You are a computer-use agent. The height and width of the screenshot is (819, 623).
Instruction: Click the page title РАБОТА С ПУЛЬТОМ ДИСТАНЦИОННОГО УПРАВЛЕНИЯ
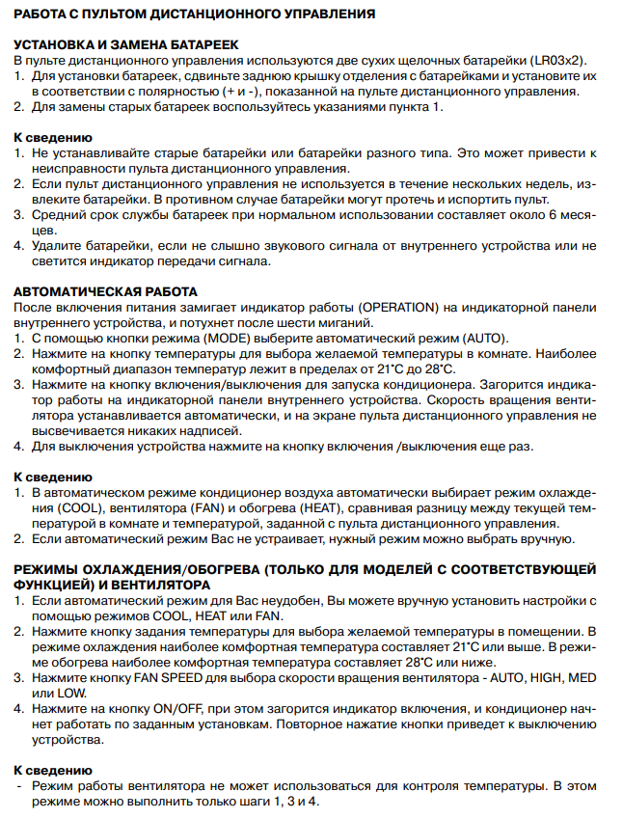[x=194, y=15]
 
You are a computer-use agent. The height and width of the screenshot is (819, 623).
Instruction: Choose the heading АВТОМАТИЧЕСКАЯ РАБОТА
[x=105, y=291]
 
